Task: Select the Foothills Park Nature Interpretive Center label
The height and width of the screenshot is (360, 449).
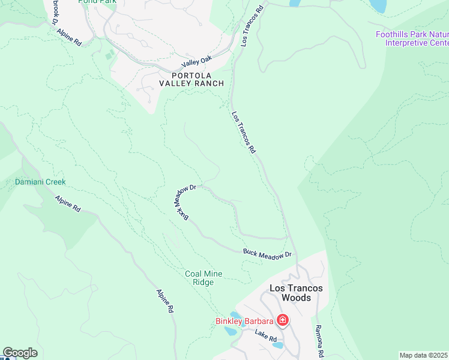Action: (x=412, y=38)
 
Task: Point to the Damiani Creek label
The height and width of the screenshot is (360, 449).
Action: (x=40, y=182)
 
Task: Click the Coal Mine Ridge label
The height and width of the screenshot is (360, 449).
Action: (x=203, y=278)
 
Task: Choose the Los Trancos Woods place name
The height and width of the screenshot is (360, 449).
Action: (x=296, y=293)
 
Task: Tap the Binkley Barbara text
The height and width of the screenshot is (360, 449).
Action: (x=244, y=321)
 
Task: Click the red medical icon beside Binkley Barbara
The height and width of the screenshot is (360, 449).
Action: (x=282, y=321)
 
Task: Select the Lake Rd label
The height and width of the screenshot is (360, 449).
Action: (x=265, y=338)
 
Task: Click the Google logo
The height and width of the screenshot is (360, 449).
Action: (x=20, y=353)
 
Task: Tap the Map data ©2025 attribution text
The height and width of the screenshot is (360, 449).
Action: (x=423, y=355)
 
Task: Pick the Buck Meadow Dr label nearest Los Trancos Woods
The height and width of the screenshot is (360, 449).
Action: (x=267, y=254)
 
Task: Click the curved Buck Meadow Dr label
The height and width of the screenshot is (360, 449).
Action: (x=185, y=201)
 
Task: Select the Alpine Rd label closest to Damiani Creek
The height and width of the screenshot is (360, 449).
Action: (x=68, y=203)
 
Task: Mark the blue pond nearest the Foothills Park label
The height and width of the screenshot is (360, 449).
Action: (x=378, y=5)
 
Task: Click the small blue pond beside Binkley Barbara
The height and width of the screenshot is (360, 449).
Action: (x=236, y=315)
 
